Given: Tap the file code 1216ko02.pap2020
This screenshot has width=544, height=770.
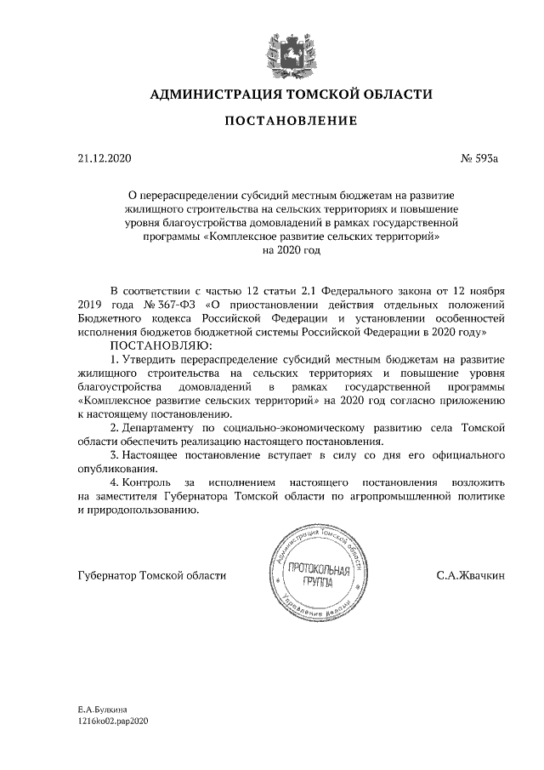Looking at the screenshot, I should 113,721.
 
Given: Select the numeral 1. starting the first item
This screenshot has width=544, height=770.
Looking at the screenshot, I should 116,360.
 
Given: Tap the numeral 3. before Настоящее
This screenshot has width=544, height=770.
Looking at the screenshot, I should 116,455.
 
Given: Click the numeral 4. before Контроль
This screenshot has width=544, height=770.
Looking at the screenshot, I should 116,482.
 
